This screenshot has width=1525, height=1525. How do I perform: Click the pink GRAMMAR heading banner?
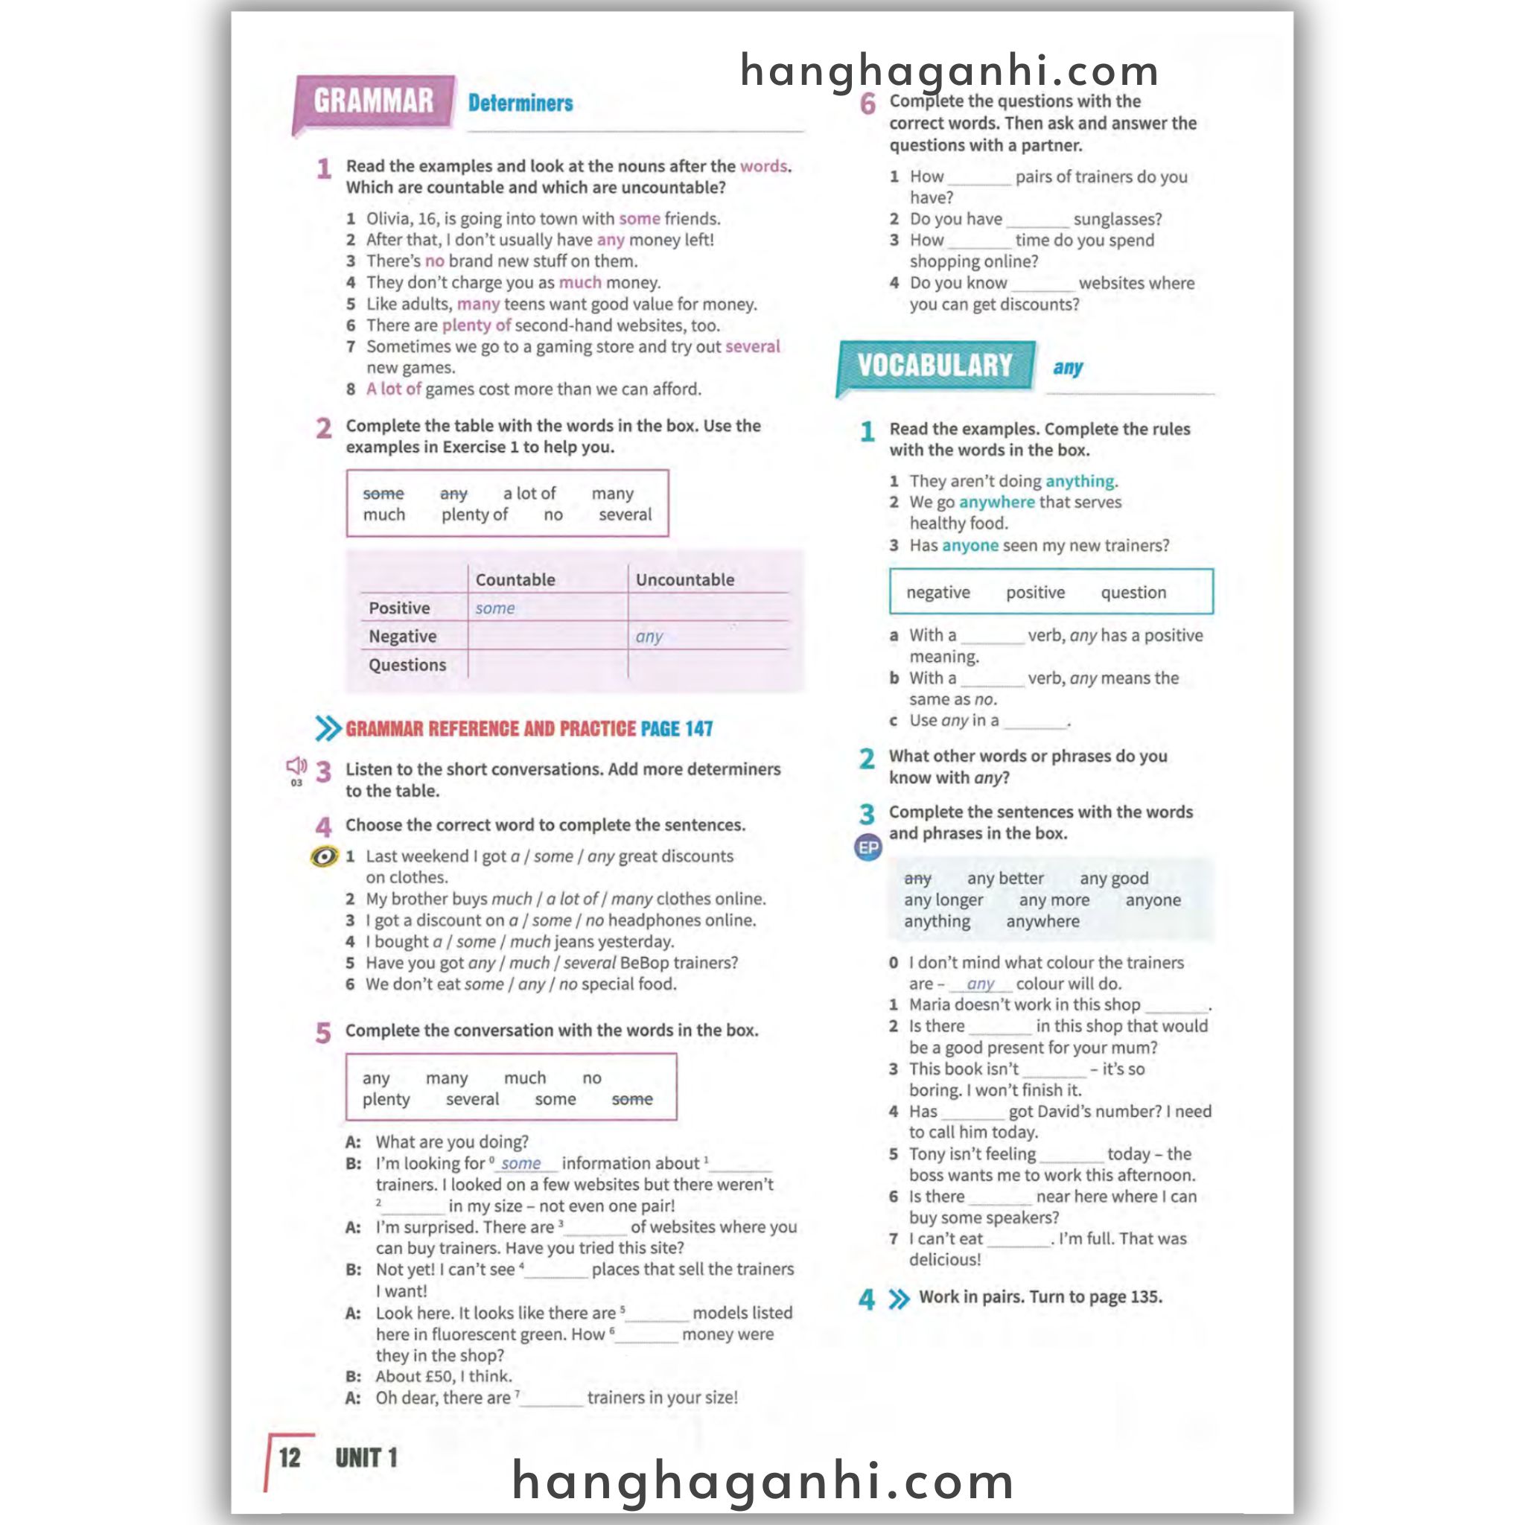(373, 102)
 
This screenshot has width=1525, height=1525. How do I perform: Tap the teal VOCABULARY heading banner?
(935, 366)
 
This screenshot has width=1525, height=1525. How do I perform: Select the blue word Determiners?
(520, 103)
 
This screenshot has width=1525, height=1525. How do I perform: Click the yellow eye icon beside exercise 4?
(324, 856)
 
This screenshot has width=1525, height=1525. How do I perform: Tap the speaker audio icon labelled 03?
(296, 766)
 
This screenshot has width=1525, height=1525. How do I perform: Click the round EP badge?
(868, 847)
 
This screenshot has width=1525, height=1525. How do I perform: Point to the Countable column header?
(515, 579)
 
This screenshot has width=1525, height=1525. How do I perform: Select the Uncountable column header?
(684, 579)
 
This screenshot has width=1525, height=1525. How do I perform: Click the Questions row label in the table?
(407, 665)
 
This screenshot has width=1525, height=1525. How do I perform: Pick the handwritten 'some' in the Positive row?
(495, 608)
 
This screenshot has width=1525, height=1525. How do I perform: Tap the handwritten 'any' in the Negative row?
(649, 636)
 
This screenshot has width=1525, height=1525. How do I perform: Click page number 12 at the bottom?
(290, 1458)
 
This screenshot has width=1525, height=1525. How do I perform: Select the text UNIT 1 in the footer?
(366, 1458)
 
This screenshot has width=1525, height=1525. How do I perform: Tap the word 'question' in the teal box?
(1133, 592)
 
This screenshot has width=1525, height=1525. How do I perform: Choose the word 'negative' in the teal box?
(937, 592)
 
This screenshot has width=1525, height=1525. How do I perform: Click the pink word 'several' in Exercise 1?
(752, 346)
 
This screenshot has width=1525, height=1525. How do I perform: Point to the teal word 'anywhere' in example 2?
(996, 502)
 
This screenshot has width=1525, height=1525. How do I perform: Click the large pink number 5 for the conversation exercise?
(323, 1033)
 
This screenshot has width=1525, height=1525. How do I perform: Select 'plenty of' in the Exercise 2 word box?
(474, 515)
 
